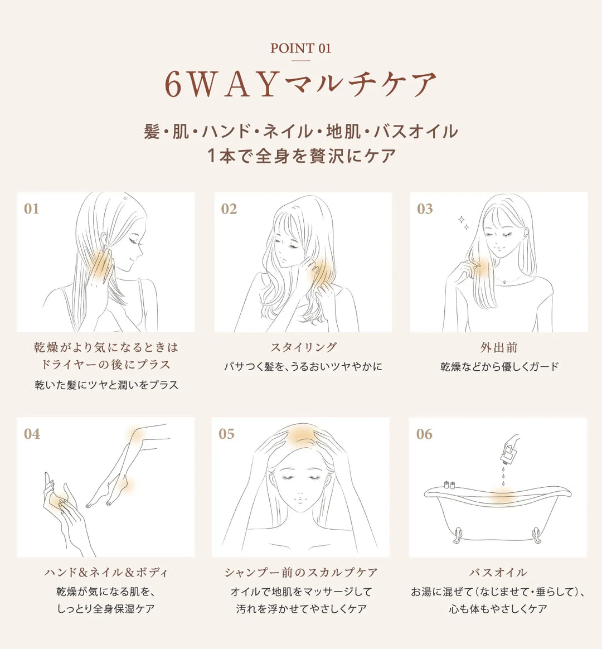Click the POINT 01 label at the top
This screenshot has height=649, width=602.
click(301, 48)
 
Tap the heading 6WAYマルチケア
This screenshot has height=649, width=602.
click(301, 85)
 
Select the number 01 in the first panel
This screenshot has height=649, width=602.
click(31, 209)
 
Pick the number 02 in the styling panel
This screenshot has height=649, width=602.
click(229, 209)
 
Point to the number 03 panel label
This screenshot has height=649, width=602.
click(425, 209)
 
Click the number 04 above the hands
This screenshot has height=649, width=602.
click(32, 434)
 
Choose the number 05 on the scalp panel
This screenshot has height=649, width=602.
click(226, 434)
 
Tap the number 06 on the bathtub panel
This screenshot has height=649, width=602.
click(424, 434)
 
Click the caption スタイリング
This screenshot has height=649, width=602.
click(304, 347)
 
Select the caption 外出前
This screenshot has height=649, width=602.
click(499, 347)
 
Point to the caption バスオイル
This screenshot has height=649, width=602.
click(498, 573)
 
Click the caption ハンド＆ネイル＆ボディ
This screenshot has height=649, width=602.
click(106, 573)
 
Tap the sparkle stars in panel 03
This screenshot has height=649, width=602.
click(463, 222)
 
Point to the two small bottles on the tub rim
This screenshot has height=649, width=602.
click(449, 485)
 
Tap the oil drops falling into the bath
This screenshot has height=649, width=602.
click(503, 476)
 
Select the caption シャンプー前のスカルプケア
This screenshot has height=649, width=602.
click(301, 573)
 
